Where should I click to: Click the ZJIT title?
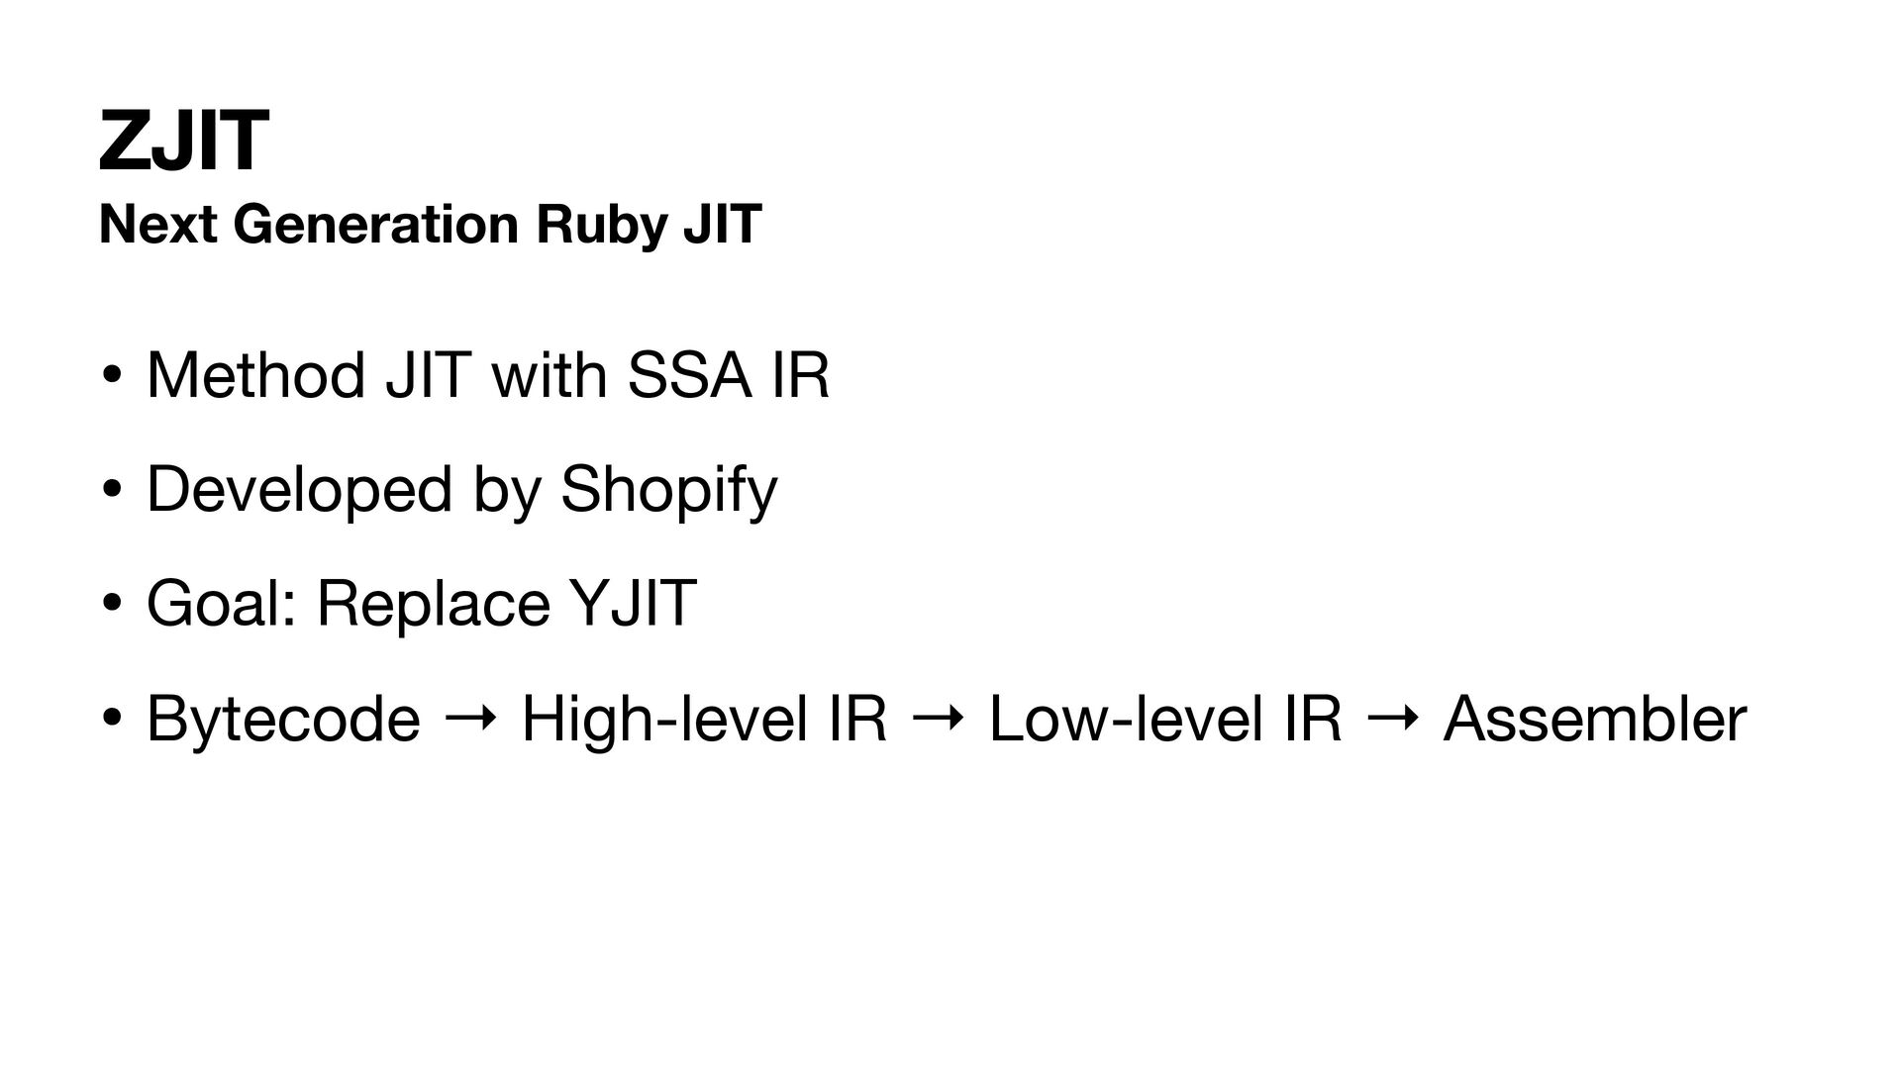[183, 142]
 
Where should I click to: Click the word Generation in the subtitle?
[376, 225]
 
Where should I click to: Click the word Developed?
[298, 489]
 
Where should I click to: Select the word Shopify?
[668, 491]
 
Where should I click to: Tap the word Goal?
[213, 603]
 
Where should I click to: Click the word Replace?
[433, 605]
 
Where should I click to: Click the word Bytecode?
[283, 720]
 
